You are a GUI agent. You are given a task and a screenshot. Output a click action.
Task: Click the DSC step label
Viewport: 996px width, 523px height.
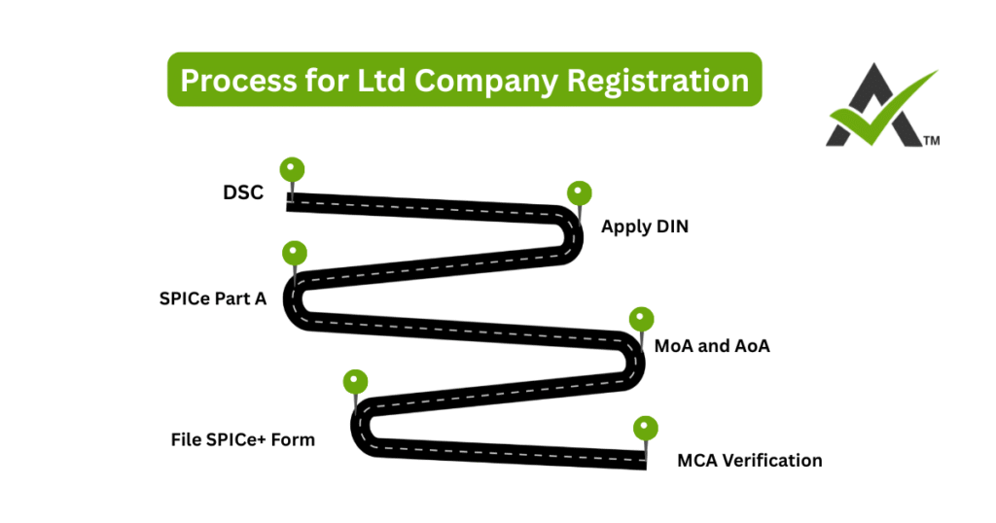(x=243, y=192)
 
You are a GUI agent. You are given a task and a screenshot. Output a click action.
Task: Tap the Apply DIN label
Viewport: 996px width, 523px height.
(x=645, y=227)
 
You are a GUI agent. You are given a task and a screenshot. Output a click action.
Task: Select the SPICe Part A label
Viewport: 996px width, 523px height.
(x=212, y=298)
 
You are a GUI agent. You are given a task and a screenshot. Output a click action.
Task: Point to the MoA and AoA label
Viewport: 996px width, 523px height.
(x=712, y=345)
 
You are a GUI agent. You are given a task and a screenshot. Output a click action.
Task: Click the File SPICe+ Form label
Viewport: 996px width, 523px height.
(x=243, y=439)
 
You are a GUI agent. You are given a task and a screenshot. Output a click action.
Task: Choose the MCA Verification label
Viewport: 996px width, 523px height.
(x=749, y=460)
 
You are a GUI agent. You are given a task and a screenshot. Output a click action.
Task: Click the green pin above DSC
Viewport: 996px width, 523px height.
(x=292, y=170)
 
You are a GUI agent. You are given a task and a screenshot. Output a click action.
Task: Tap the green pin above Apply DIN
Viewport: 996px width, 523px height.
(x=580, y=192)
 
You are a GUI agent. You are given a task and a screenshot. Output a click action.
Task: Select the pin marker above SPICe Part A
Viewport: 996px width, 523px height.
(x=294, y=253)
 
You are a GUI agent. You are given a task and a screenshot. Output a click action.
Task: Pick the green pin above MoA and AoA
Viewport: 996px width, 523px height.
(x=642, y=319)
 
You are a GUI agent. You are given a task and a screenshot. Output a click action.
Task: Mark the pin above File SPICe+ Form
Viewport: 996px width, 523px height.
(x=356, y=381)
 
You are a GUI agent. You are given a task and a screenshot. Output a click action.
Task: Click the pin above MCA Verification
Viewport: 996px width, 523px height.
(x=645, y=428)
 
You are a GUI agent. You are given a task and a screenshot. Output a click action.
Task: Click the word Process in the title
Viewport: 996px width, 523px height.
(x=231, y=79)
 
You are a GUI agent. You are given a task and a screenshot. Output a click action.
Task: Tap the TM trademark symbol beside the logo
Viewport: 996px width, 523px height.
(x=931, y=141)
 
